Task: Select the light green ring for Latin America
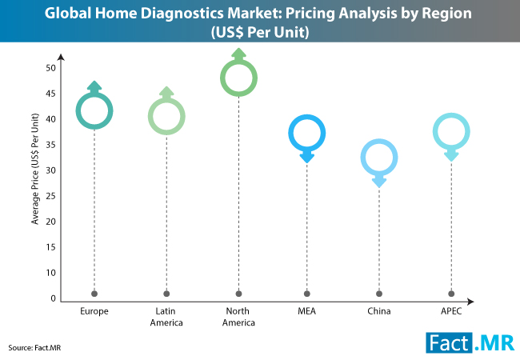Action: coord(166,117)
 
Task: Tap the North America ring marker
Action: coord(238,78)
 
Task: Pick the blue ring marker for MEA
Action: coord(307,133)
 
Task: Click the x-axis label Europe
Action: coord(94,310)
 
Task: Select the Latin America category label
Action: coord(166,316)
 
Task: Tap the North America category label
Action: coord(238,316)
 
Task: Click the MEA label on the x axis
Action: coord(307,310)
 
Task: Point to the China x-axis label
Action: coord(379,310)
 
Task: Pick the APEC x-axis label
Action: coord(451,310)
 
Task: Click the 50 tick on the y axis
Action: coord(50,68)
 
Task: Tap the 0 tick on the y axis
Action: coord(52,298)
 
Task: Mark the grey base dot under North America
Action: coord(238,293)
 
